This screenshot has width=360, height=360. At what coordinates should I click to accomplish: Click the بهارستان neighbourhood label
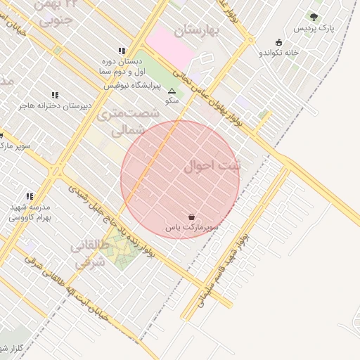coord(199,30)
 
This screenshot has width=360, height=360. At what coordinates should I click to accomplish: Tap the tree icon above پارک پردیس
coord(314,16)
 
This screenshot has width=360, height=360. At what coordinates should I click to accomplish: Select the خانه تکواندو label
coord(279,53)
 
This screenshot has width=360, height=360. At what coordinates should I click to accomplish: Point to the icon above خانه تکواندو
coord(279,41)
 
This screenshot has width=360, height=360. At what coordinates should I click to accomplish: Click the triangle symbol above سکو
coord(172,90)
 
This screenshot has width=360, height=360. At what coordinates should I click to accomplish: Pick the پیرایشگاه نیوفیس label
coord(133,86)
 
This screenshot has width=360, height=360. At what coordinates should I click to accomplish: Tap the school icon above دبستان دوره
coord(122,51)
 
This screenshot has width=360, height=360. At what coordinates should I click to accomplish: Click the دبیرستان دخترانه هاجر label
coord(56,106)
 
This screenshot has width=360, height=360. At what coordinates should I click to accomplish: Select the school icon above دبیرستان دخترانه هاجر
coord(55,95)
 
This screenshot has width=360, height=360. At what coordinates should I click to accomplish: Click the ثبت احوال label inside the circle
coord(212,166)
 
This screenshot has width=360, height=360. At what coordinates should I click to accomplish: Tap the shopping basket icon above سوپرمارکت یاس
coord(193,217)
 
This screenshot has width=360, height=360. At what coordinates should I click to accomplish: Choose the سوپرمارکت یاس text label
coord(193,228)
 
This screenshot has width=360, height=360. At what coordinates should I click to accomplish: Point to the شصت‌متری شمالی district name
coord(122,121)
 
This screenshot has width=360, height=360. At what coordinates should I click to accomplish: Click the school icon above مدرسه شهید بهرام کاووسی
coord(30,197)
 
